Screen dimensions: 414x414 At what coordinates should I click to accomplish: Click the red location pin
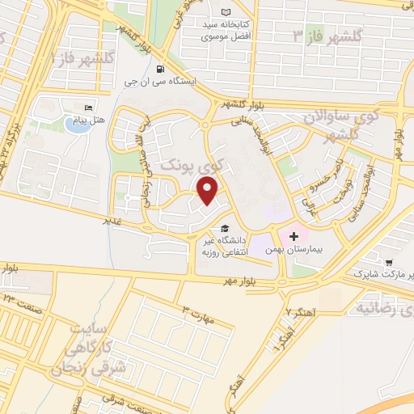tap(208, 191)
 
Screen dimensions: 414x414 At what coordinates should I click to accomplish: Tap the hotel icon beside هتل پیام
tap(88, 108)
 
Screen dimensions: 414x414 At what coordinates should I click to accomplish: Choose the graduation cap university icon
tap(224, 228)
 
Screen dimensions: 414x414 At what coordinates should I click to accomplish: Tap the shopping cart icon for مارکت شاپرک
tap(390, 263)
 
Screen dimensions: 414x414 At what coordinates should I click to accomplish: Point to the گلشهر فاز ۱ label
tap(67, 57)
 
